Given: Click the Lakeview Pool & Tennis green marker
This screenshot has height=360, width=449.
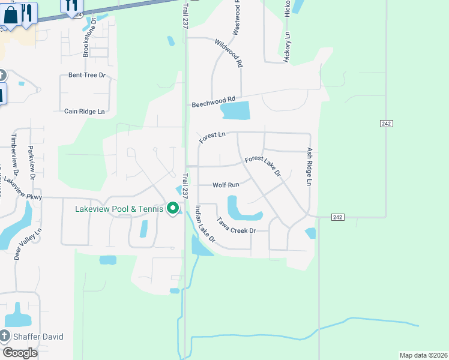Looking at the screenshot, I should click(173, 209).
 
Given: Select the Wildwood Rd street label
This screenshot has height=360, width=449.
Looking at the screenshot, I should click(229, 52).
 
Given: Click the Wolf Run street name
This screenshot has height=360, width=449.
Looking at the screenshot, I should click(226, 185).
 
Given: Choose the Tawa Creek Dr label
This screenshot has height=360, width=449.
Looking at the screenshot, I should click(237, 226).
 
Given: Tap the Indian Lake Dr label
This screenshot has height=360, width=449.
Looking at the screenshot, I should click(205, 224).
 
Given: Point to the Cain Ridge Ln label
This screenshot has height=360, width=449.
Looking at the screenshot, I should click(85, 111).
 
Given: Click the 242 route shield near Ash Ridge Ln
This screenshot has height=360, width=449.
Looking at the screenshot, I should click(337, 217).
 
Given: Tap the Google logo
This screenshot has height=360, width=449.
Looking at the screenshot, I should click(20, 353).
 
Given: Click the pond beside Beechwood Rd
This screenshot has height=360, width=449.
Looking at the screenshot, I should click(235, 110).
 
